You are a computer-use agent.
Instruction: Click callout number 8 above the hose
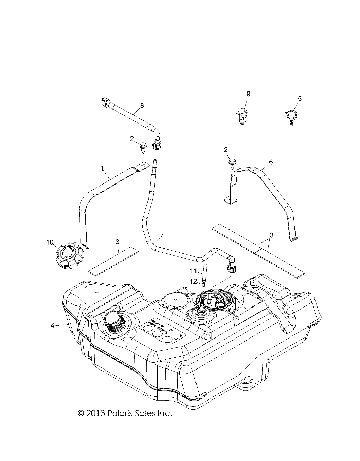click(x=142, y=105)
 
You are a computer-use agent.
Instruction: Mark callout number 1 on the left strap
click(x=102, y=168)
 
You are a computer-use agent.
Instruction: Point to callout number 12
click(x=193, y=281)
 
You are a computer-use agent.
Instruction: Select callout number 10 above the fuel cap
click(x=49, y=241)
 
